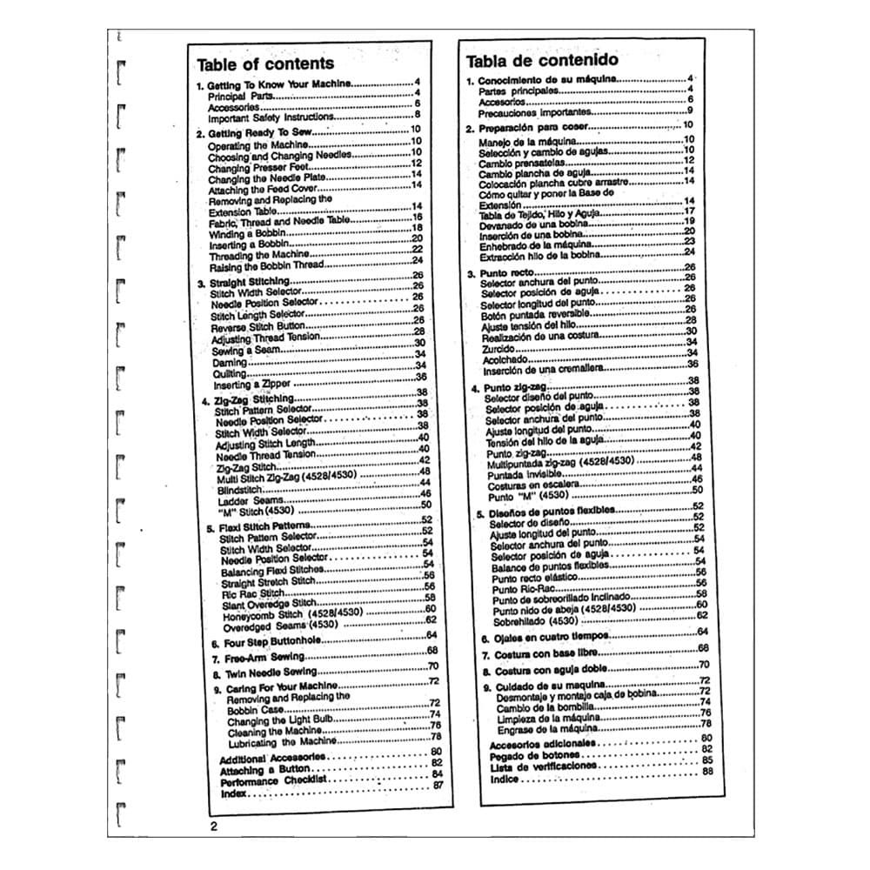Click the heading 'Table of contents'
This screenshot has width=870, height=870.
pyautogui.click(x=264, y=64)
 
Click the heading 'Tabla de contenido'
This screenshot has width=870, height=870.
pyautogui.click(x=542, y=60)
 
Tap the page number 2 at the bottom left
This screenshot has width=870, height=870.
pyautogui.click(x=214, y=826)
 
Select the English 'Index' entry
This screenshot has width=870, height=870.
pyautogui.click(x=233, y=793)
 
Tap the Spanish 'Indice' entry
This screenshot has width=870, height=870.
pyautogui.click(x=505, y=780)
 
